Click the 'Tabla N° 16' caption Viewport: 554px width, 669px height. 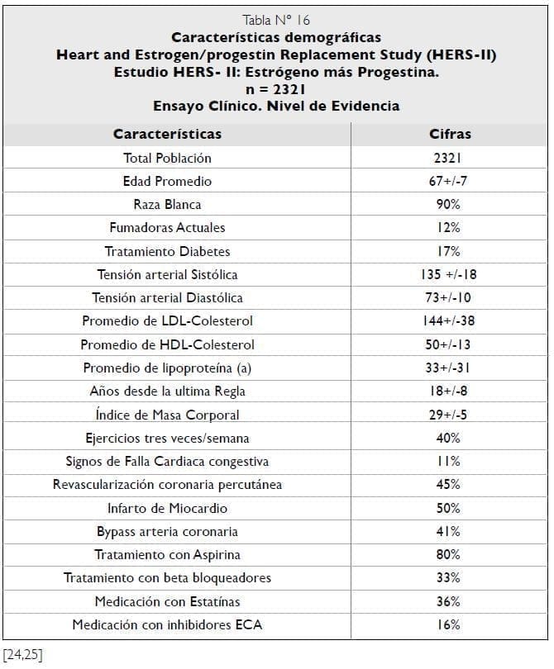tap(276, 21)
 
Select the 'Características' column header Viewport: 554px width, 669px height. tap(167, 134)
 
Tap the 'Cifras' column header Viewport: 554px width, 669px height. tap(450, 134)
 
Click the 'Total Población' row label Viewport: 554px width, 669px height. tap(167, 158)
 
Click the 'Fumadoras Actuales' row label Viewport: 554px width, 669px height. tap(167, 227)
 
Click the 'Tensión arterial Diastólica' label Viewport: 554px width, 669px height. tap(167, 297)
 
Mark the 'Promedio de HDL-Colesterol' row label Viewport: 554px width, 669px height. tap(167, 344)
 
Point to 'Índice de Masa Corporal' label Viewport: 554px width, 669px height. tap(167, 415)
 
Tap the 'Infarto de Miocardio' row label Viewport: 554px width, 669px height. tap(167, 508)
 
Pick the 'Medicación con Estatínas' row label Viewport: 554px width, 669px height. tap(167, 601)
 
